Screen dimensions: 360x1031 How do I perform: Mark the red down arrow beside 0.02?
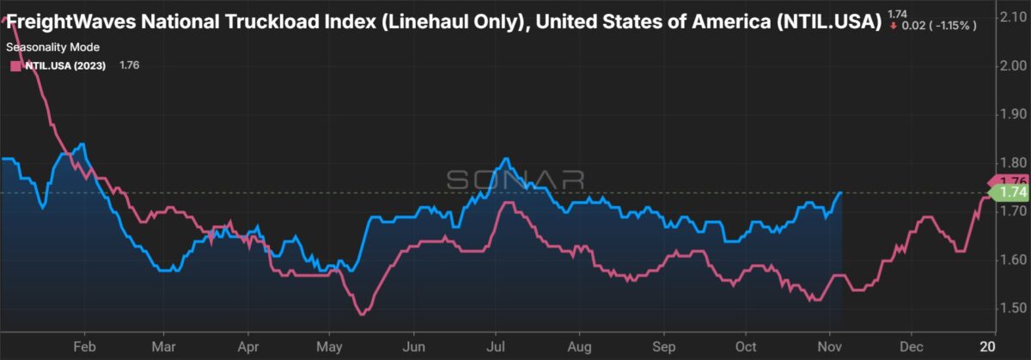(x=894, y=26)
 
